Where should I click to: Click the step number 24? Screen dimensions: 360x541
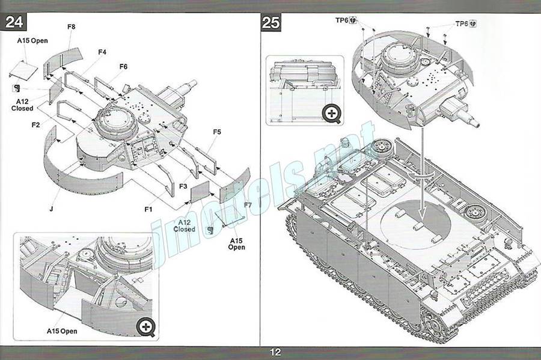pos(14,23)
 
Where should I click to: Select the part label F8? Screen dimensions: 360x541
pos(71,26)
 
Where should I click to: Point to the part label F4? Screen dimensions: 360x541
pos(102,52)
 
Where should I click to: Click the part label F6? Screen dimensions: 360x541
pos(124,66)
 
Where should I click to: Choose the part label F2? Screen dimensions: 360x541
pos(35,124)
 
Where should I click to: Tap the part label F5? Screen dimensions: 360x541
pos(217,132)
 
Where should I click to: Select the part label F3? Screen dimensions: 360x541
pos(183,187)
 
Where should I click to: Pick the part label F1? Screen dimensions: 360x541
pos(148,209)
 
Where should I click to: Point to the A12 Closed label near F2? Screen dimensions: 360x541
pos(22,105)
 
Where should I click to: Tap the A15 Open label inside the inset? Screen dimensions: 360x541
pos(62,331)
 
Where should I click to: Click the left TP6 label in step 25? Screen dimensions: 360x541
pos(342,20)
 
